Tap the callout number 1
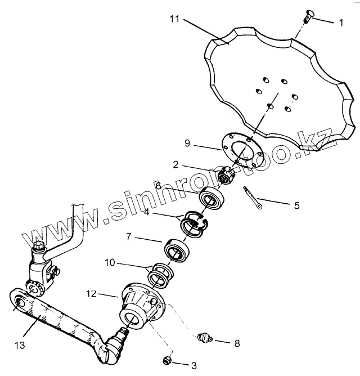tap(340, 24)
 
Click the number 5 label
tap(296, 205)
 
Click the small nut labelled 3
tap(166, 360)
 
